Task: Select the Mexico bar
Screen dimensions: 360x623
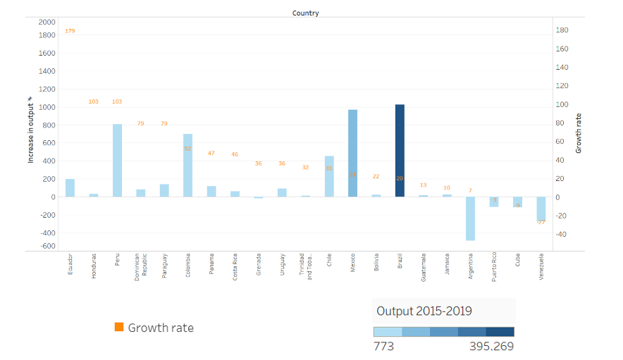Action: tap(352, 153)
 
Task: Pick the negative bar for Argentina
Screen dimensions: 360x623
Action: tap(470, 218)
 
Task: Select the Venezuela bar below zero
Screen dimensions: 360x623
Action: tap(541, 209)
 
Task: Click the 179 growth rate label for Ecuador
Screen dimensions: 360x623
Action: tap(70, 31)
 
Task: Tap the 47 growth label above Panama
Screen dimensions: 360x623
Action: tap(211, 154)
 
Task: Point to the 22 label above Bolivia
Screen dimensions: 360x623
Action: tap(376, 176)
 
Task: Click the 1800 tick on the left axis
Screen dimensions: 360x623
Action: tap(47, 35)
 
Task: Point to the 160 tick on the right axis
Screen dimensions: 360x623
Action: tap(562, 49)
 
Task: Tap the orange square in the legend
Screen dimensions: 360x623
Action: tap(119, 327)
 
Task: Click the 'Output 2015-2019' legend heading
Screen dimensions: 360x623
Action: tap(424, 311)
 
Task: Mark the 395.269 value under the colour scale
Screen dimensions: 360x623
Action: tap(491, 346)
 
